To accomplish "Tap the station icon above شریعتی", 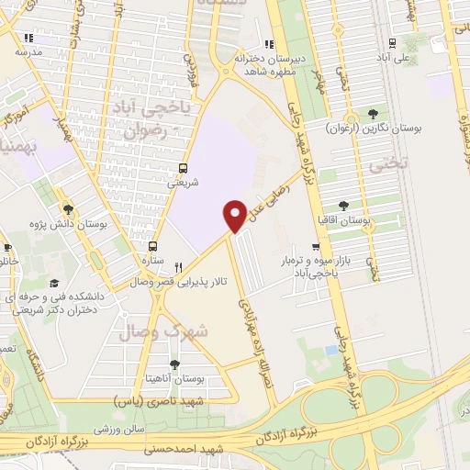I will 184,168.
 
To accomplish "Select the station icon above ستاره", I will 153,246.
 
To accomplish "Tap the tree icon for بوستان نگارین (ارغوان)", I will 373,115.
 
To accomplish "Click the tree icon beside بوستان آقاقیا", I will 343,206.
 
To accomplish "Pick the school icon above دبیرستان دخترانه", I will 268,44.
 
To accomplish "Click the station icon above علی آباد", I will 393,42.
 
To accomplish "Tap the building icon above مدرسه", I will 28,38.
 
